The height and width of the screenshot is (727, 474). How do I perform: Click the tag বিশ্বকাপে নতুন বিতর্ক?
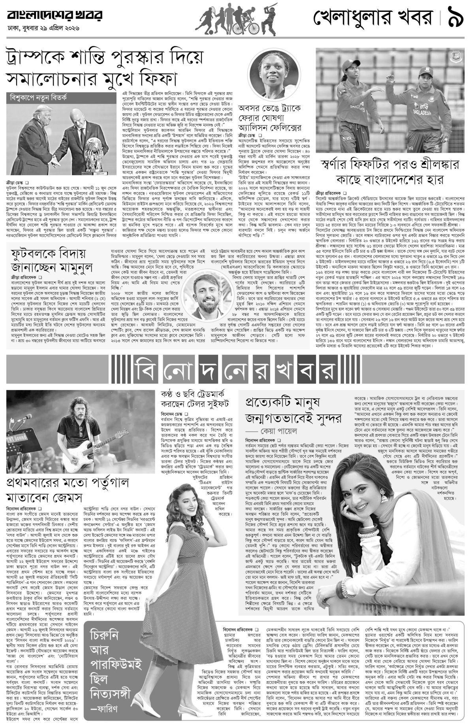click(39, 96)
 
